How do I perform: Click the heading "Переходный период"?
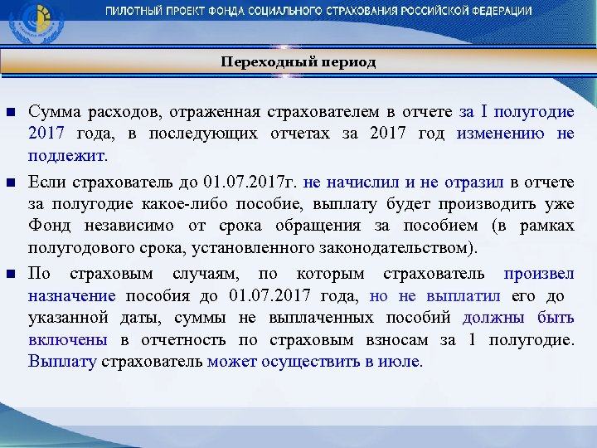point(298,62)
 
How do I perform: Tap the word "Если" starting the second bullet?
point(46,180)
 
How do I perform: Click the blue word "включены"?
point(67,339)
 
